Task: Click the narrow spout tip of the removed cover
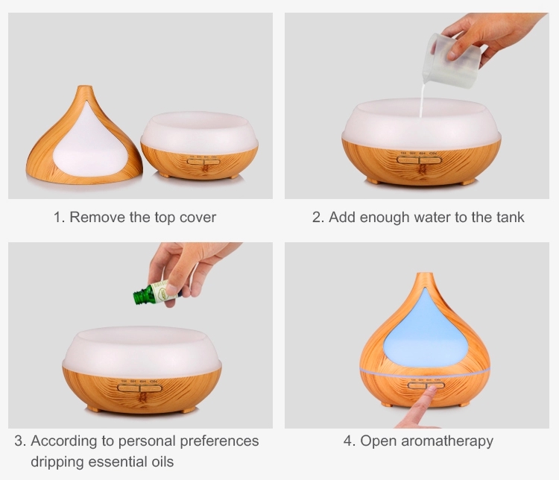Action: pos(84,87)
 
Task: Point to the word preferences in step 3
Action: pos(219,441)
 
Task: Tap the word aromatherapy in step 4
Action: pos(447,441)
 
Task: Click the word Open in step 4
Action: pos(378,441)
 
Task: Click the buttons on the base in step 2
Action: pos(419,160)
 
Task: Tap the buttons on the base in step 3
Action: pos(140,388)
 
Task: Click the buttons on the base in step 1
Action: pos(203,162)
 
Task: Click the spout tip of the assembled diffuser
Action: pos(425,274)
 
